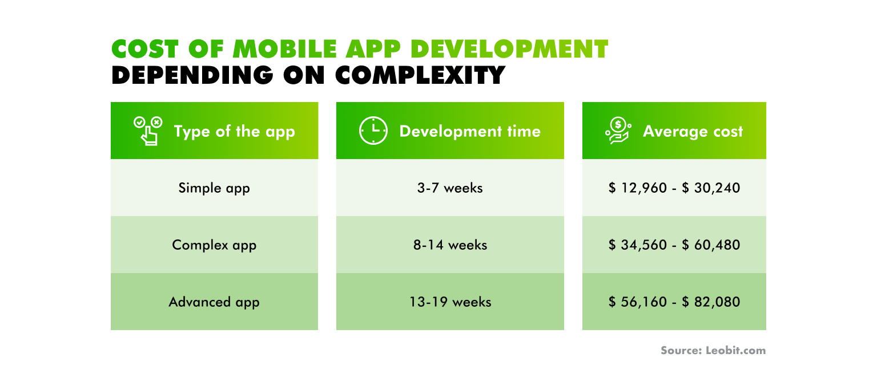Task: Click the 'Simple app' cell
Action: click(214, 188)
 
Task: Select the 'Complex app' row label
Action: click(214, 245)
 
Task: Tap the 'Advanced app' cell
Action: click(214, 302)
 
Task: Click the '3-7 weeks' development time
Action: click(450, 188)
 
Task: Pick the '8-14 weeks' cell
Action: click(450, 245)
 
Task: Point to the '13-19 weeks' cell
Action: click(450, 302)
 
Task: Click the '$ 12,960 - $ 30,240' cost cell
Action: click(674, 188)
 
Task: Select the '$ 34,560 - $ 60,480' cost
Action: click(674, 245)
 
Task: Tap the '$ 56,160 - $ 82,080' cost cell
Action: click(674, 302)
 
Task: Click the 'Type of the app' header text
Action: click(234, 132)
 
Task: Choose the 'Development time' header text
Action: click(469, 132)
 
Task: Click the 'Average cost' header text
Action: click(693, 132)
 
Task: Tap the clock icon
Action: click(373, 131)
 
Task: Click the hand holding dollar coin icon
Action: click(618, 131)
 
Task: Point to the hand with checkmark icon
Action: click(148, 131)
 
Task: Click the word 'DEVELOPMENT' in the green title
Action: click(509, 50)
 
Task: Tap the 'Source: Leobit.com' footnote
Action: click(713, 351)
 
